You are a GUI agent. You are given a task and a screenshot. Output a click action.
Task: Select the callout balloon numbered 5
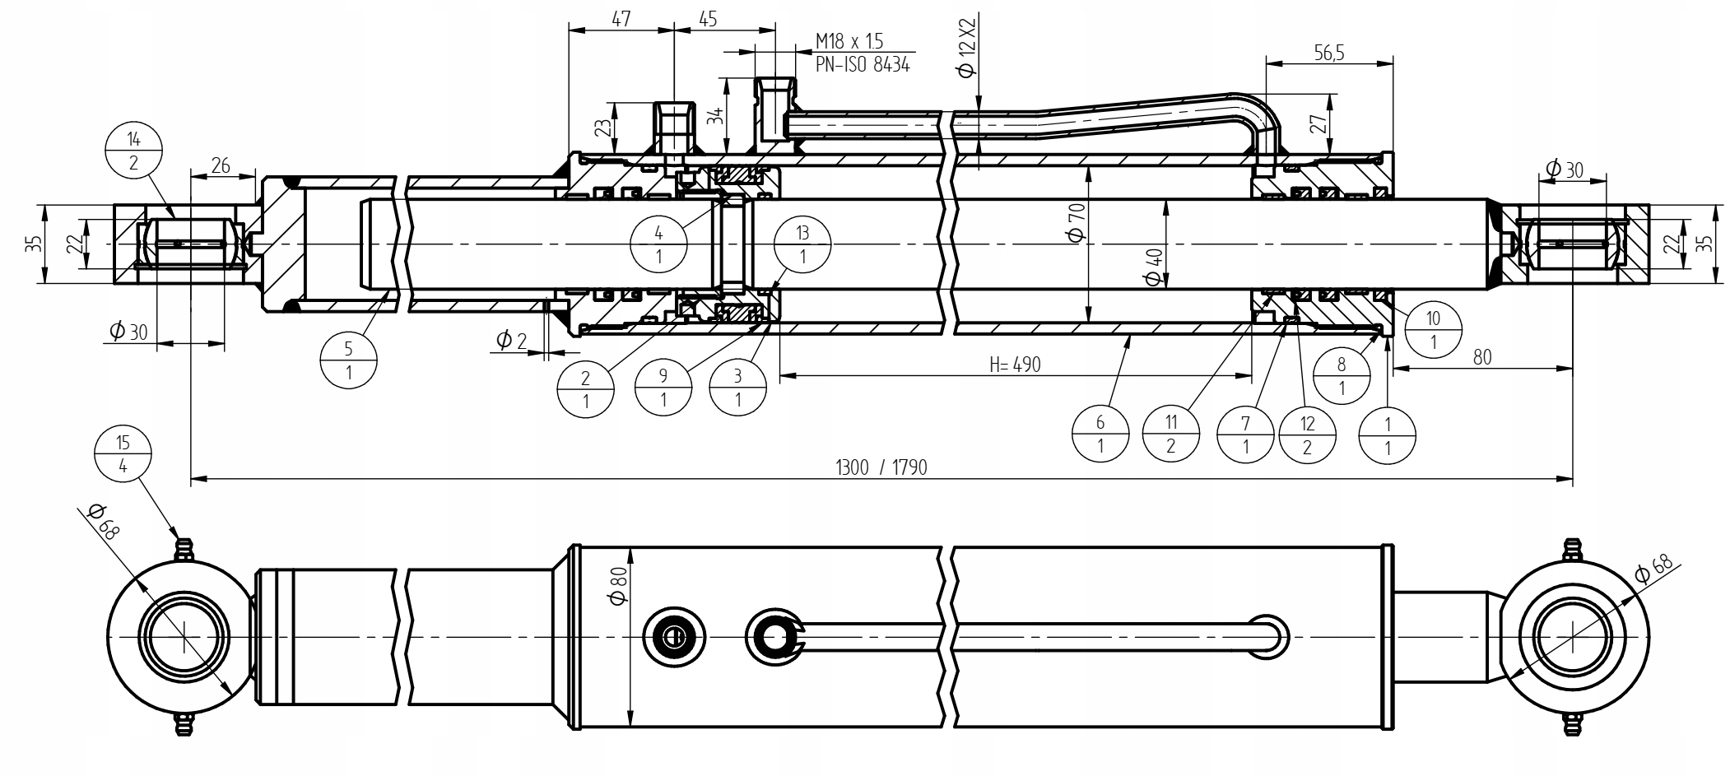tap(349, 360)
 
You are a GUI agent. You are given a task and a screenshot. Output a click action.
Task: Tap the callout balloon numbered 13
tap(802, 245)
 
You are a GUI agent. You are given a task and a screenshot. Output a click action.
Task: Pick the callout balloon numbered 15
tap(123, 454)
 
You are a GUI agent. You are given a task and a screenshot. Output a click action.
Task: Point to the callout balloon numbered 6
tap(1100, 434)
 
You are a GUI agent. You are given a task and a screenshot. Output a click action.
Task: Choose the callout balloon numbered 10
tap(1433, 329)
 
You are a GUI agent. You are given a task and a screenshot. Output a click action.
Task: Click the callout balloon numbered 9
tap(663, 388)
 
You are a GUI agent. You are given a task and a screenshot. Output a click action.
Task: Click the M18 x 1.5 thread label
tap(849, 41)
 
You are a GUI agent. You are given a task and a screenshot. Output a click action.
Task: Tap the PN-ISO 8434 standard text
tap(863, 65)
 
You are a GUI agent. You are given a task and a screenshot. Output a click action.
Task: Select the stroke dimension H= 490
tap(1014, 364)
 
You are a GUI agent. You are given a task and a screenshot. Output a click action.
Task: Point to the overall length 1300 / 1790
tap(881, 467)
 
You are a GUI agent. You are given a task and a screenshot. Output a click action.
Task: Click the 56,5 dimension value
tap(1328, 53)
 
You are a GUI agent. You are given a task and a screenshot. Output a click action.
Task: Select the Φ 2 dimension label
tap(510, 339)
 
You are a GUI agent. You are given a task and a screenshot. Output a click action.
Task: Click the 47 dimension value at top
tap(621, 18)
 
